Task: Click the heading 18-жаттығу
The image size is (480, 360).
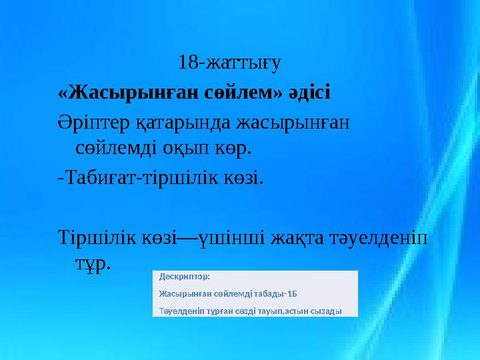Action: (x=230, y=63)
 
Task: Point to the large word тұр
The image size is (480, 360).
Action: (x=93, y=265)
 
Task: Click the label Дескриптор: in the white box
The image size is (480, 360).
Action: (x=184, y=276)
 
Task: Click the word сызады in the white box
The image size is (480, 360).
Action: (x=327, y=311)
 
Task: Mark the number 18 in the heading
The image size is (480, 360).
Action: (x=188, y=63)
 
